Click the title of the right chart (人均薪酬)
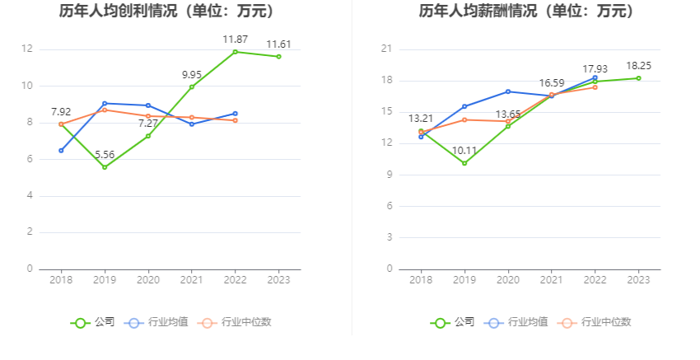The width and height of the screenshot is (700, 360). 526,12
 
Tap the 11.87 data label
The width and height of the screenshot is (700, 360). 235,39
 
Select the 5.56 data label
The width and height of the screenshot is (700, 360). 105,154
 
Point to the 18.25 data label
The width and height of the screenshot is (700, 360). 638,65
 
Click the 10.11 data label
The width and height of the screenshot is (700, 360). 464,150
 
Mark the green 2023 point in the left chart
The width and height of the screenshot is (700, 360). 278,56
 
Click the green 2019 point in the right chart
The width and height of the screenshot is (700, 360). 464,163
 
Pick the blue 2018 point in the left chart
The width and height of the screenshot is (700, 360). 61,150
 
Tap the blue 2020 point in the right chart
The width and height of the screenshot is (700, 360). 508,91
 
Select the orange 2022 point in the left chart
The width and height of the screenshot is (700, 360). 235,120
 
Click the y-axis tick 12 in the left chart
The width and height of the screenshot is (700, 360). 27,49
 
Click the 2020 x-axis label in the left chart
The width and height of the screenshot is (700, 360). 148,280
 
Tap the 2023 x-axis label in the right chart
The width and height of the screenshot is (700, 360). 638,280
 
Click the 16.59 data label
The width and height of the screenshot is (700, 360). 552,82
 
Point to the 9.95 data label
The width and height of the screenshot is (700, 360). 192,74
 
